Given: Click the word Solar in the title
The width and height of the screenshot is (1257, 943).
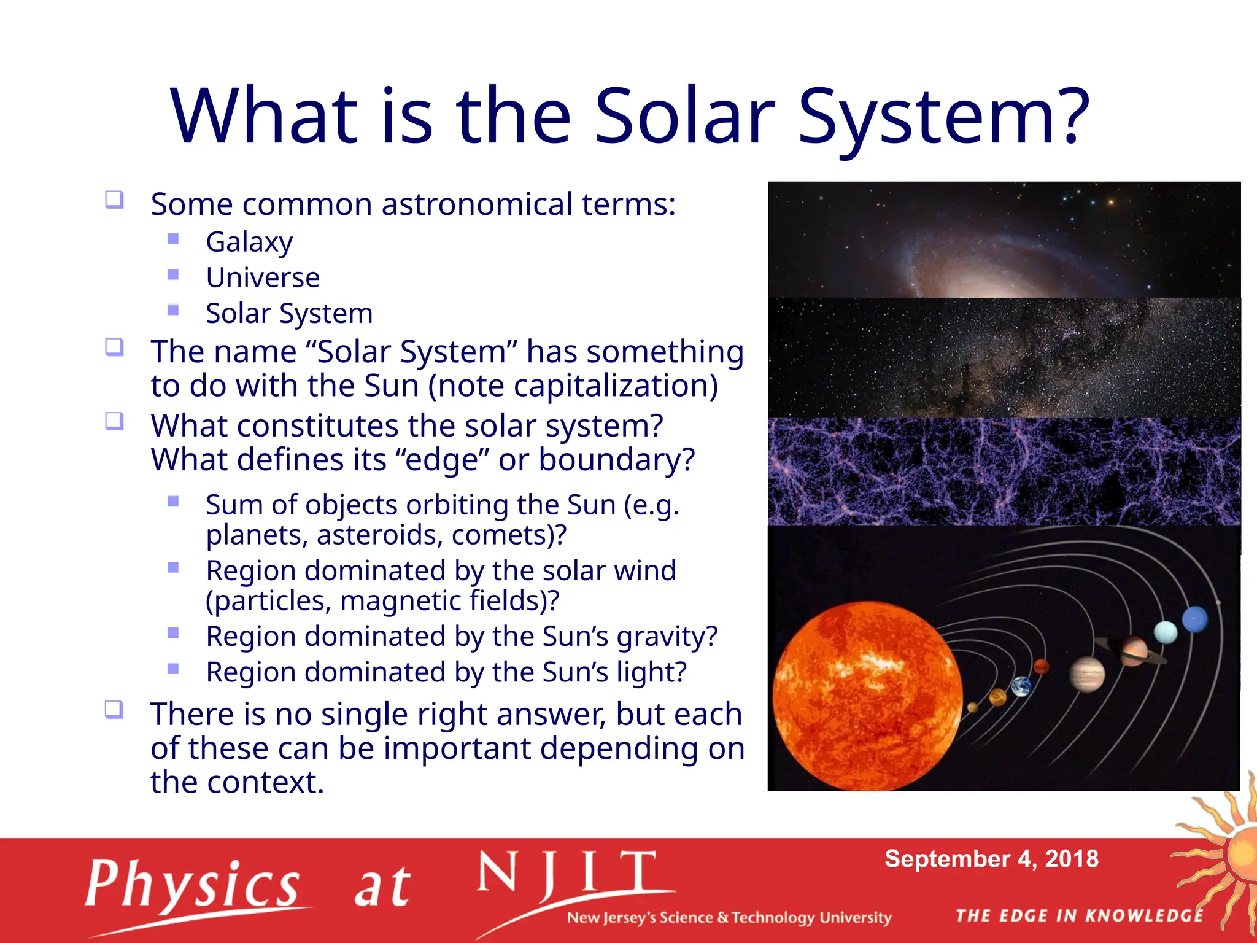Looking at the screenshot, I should pos(685,117).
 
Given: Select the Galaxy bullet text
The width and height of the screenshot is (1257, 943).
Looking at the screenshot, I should pos(249,242).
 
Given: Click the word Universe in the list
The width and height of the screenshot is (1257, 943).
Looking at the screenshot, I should pos(263,277).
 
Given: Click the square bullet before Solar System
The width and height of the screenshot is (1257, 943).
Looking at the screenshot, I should pos(173,310).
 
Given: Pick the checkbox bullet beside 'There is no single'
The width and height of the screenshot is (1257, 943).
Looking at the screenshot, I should pos(114,710).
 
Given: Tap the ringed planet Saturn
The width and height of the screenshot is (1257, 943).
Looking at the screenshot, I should pos(1133,651).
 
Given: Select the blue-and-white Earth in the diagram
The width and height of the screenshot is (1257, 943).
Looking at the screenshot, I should pos(1021,686).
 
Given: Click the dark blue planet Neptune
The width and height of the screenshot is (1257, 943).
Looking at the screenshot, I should pos(1195,619).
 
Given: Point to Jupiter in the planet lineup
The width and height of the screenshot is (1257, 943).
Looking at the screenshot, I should pos(1087,674).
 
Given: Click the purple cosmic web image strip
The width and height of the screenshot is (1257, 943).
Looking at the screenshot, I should pos(1004,471).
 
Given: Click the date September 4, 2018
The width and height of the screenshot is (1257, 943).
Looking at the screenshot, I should pos(991,859).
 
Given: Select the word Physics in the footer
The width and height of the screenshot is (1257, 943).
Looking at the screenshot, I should pos(193,885).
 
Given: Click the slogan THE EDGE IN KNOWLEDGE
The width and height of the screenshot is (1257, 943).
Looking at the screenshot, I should pos(1080,915).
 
